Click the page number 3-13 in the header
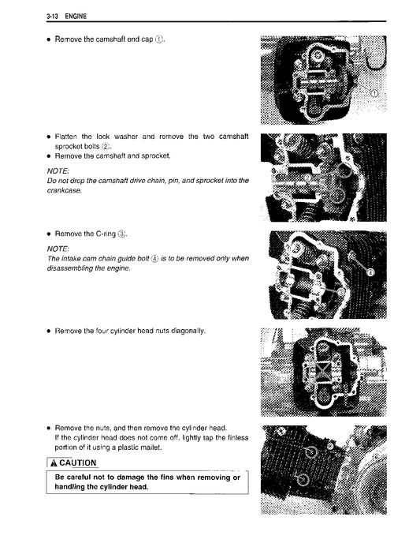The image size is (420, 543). [52, 16]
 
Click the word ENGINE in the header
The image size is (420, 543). [76, 16]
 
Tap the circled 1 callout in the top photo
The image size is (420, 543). [374, 93]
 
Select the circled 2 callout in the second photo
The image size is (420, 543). [307, 178]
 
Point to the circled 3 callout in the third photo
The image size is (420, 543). [341, 292]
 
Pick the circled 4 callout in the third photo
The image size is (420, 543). [370, 272]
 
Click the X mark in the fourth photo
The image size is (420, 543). [322, 371]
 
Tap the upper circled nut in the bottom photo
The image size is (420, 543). [311, 451]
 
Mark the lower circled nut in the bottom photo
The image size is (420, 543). [303, 480]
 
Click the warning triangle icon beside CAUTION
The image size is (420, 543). [54, 463]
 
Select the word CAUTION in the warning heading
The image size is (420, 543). [78, 463]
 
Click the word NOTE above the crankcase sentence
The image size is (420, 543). [58, 171]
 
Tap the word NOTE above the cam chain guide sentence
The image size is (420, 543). [58, 249]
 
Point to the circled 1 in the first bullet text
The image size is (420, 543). [158, 39]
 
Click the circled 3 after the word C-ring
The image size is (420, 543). [121, 234]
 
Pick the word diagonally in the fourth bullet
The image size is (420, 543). [188, 331]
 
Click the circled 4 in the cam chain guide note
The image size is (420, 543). [155, 259]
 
